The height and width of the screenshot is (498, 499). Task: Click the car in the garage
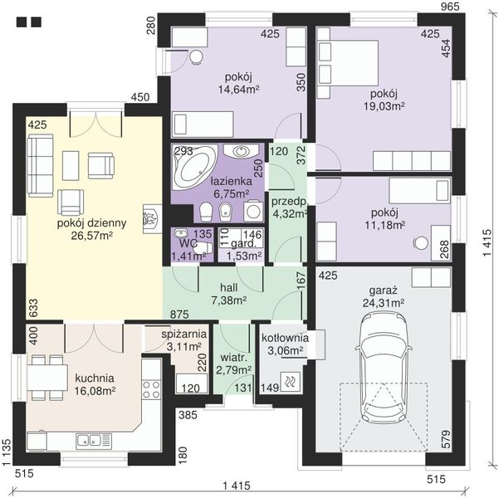tap(384, 367)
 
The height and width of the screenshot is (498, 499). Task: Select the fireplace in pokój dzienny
tap(153, 218)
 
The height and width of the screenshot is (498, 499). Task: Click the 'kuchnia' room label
tap(95, 378)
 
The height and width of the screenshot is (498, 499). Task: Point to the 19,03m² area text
tap(384, 106)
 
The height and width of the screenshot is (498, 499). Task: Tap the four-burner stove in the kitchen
tap(151, 389)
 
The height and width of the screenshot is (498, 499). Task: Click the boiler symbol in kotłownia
tap(290, 382)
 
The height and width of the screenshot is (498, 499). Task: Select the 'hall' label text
tap(229, 287)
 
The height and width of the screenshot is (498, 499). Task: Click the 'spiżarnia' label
tap(184, 334)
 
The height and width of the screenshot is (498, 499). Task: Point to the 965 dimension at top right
tap(451, 7)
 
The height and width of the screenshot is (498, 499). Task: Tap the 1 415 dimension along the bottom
tap(237, 486)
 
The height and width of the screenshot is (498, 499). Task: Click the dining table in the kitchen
tap(47, 378)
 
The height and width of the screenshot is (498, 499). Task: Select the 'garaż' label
tap(384, 290)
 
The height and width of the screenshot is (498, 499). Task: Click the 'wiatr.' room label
tap(234, 358)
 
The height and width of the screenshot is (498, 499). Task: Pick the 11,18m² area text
tap(384, 225)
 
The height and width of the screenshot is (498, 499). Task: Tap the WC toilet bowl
tap(203, 248)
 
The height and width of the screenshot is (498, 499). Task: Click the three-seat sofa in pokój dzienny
tap(40, 165)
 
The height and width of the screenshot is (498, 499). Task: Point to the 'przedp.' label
tap(290, 202)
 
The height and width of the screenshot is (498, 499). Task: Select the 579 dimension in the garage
tap(446, 439)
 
